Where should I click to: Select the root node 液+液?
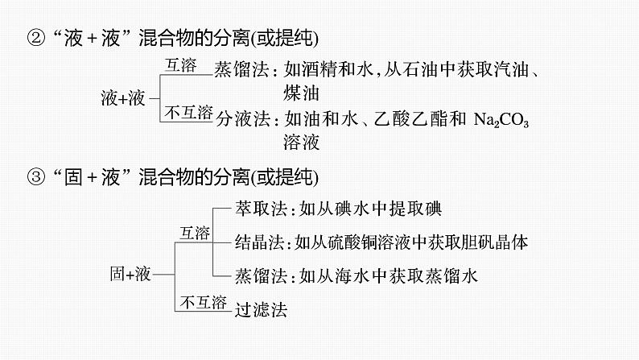(123, 98)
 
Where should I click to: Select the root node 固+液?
(130, 274)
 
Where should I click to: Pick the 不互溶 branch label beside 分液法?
(188, 111)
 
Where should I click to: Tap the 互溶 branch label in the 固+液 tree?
(194, 233)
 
